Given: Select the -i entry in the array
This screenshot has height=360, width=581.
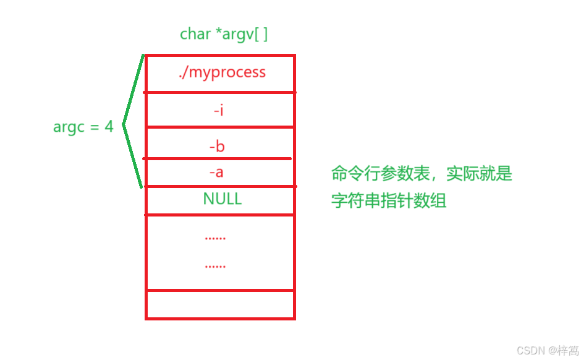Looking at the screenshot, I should click(218, 111).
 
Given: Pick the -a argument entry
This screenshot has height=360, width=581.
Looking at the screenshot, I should click(216, 172).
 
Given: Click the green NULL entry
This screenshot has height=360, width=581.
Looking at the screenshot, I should click(223, 199).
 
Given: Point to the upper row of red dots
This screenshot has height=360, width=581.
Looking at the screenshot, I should click(215, 238).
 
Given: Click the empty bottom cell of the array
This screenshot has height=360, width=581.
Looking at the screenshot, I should click(220, 304).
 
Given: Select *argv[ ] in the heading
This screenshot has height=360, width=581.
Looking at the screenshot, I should click(242, 34).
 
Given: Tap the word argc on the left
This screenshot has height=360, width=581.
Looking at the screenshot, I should click(69, 127).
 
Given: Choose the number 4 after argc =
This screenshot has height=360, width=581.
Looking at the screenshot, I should click(109, 127).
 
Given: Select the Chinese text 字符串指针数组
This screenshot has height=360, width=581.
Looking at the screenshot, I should click(389, 200).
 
